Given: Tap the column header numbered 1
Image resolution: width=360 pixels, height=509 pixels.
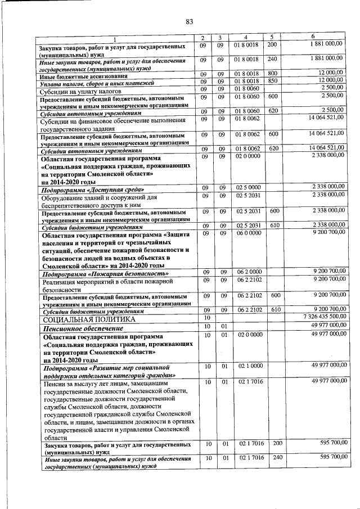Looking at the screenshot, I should click(115, 38).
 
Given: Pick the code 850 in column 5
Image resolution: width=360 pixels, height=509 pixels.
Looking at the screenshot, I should click(273, 82).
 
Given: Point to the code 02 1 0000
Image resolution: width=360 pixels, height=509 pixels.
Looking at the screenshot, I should click(247, 366).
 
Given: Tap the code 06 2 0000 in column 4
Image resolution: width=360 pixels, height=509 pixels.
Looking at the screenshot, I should click(247, 272).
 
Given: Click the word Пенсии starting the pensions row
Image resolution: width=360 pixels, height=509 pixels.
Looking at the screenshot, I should click(54, 383).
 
